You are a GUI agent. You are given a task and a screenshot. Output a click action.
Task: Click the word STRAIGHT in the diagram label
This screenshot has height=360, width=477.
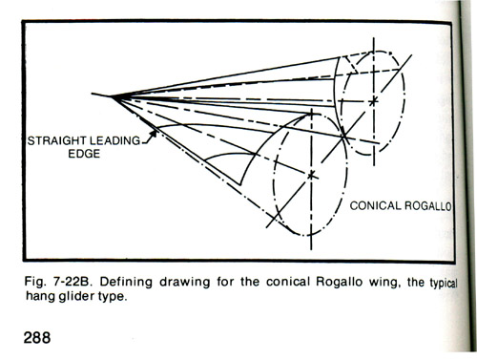[56, 140]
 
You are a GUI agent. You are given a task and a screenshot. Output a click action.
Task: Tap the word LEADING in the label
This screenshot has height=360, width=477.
[114, 140]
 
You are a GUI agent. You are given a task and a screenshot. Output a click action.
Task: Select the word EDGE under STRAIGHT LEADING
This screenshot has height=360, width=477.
[84, 154]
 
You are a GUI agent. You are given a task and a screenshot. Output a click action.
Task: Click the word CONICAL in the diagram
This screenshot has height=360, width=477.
[375, 205]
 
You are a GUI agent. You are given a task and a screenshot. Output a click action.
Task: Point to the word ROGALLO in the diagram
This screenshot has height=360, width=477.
[427, 206]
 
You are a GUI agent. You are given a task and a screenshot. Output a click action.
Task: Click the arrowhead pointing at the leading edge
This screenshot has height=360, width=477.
[153, 134]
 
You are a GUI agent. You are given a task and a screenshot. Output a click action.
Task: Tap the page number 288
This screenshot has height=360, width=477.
[37, 337]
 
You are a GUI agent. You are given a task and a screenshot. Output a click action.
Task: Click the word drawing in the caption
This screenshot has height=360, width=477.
[185, 283]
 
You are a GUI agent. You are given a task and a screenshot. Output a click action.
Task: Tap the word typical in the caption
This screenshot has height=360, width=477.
[444, 283]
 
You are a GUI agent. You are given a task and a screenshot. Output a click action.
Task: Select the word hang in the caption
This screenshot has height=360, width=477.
[40, 297]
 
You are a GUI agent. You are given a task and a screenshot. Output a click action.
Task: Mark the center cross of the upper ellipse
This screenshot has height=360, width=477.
[374, 101]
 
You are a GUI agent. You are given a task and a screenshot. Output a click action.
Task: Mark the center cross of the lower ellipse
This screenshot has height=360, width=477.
[311, 175]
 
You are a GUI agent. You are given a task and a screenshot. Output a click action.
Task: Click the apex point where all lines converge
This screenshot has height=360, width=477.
[113, 95]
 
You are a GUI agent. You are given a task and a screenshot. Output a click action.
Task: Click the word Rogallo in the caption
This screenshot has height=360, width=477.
[339, 282]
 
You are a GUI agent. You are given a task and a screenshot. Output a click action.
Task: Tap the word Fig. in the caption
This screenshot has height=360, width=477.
[35, 283]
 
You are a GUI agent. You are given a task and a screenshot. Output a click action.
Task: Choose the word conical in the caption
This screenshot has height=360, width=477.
[288, 282]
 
